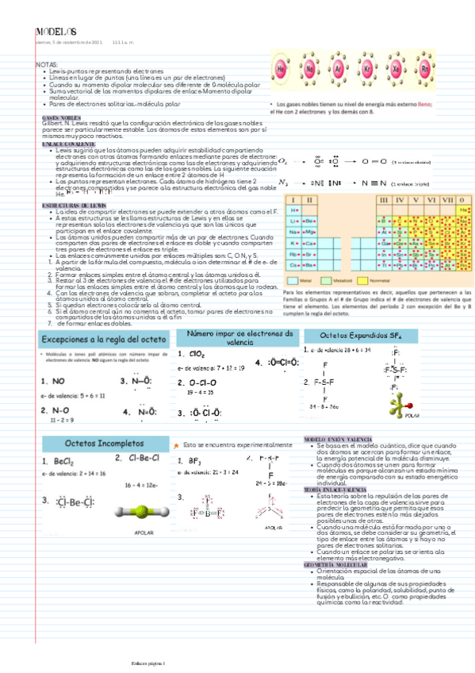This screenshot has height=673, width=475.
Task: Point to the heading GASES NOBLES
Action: (59, 117)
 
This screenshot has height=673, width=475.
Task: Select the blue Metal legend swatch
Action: (293, 280)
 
